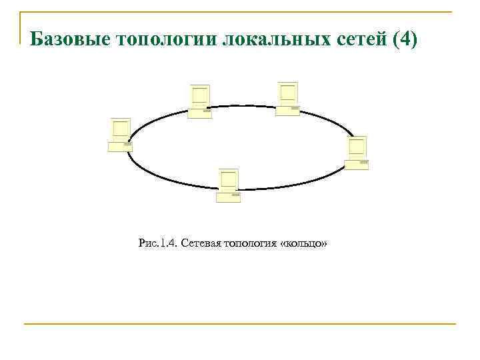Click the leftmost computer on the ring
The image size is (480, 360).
click(121, 135)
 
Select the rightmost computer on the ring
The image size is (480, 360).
click(357, 153)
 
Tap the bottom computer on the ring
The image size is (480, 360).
click(229, 185)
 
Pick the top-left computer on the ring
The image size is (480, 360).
click(200, 101)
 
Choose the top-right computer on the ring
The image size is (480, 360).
click(288, 99)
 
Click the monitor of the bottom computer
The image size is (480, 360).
click(229, 179)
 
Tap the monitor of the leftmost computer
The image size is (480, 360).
click(121, 128)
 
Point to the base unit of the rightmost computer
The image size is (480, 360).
click(357, 164)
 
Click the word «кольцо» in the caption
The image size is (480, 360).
click(305, 245)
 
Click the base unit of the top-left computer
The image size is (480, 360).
click(200, 113)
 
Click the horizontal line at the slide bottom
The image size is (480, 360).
click(240, 324)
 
